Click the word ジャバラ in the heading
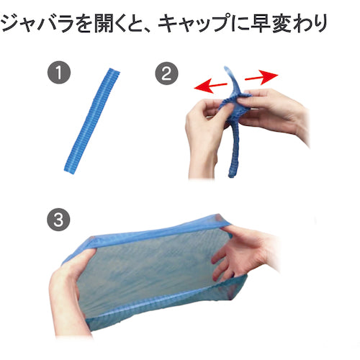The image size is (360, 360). coord(40,22)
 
